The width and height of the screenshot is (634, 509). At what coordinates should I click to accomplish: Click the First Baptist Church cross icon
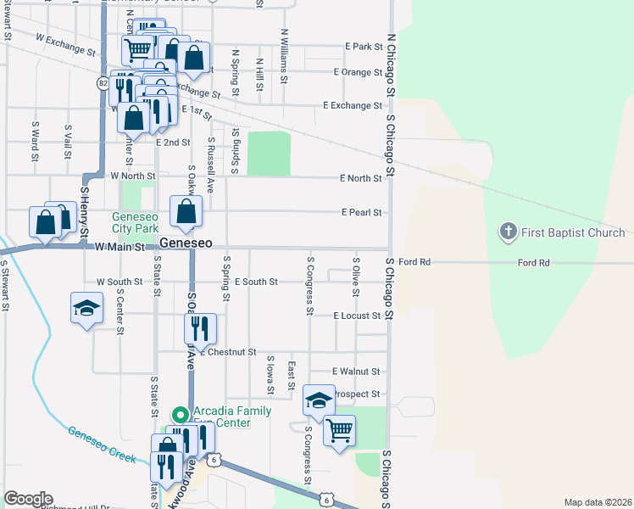point(508,232)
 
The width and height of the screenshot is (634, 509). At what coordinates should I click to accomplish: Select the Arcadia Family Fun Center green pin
point(179,415)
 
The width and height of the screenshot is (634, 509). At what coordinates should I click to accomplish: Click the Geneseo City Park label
point(136,222)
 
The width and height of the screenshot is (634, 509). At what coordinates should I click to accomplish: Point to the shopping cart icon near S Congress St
point(339,429)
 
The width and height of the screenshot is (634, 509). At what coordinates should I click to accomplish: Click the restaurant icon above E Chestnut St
point(200,328)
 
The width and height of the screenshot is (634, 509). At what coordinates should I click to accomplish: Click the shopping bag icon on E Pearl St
point(186,212)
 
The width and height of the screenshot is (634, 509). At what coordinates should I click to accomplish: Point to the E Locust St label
point(358,316)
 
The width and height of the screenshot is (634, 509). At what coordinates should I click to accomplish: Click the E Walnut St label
point(356,372)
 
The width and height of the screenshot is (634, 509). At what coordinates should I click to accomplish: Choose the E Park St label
point(364,47)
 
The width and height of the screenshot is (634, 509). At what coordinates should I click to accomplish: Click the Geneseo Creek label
point(102,443)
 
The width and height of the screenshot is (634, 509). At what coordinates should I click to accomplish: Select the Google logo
point(28,499)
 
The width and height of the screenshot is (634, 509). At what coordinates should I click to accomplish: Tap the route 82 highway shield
point(103,83)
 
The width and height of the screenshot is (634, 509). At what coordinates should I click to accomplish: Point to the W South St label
point(120,282)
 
